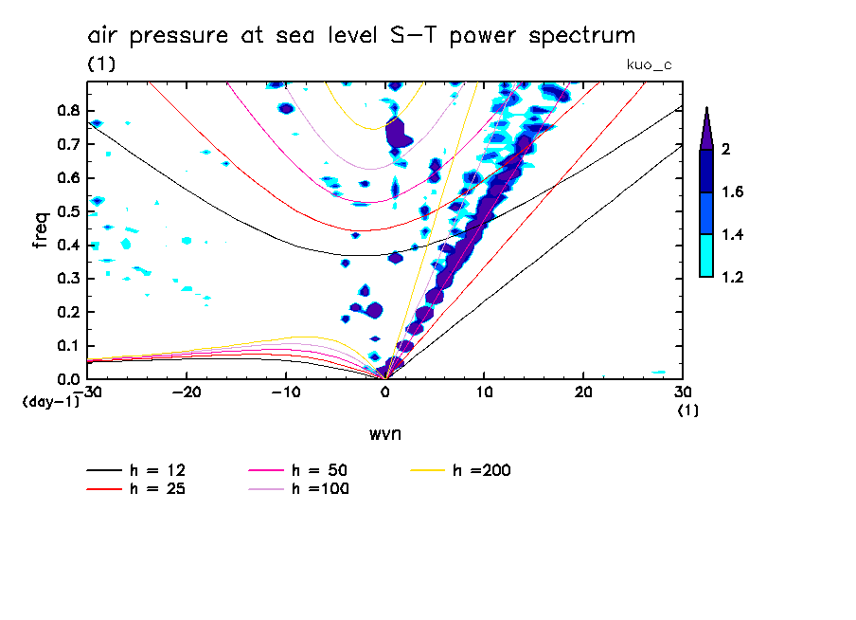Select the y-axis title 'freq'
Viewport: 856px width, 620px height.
coord(40,229)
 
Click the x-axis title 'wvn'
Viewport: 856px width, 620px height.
coord(385,434)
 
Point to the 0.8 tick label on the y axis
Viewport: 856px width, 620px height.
coord(68,110)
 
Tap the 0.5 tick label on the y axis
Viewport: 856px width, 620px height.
coord(68,211)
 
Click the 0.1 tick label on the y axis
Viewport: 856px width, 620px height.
coord(68,346)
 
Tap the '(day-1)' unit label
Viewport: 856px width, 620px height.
coord(50,403)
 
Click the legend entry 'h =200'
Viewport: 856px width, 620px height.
coord(480,470)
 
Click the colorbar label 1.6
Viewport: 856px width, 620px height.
coord(733,192)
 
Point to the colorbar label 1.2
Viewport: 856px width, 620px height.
coord(733,277)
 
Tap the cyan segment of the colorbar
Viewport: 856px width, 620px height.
coord(705,256)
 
